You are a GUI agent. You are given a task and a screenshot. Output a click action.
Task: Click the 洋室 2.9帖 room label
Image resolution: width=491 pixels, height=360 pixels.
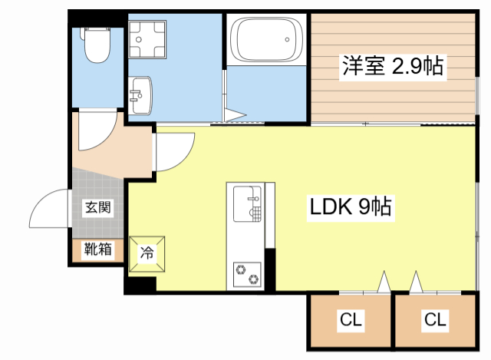click(392, 67)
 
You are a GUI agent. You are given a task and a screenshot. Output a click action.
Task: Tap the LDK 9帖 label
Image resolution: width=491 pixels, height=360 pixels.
click(351, 206)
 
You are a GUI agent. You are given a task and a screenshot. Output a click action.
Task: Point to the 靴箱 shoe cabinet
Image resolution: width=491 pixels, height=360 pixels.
click(98, 249)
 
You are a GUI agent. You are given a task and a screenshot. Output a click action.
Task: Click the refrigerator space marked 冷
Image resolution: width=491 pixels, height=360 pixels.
click(146, 252)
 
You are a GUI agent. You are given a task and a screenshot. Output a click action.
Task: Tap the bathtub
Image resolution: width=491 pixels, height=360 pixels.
click(264, 43)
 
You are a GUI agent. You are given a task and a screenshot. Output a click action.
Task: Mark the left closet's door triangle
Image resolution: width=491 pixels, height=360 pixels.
click(384, 284)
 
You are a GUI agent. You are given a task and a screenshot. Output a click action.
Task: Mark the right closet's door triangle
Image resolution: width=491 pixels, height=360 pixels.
click(416, 283)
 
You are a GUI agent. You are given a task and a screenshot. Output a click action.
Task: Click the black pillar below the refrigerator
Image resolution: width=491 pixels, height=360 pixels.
click(140, 284)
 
